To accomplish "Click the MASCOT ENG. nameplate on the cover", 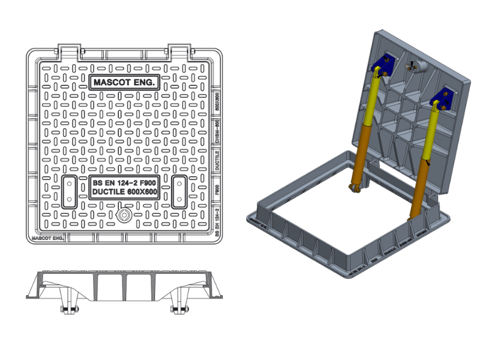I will pos(124,83).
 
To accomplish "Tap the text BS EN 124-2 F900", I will pos(124,183).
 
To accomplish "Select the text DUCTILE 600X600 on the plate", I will pos(124,193).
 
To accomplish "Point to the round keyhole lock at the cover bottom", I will pos(124,215).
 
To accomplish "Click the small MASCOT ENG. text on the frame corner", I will pos(48,238).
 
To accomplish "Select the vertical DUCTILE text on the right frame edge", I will pos(217,161).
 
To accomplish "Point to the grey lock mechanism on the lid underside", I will pos(415,67).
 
